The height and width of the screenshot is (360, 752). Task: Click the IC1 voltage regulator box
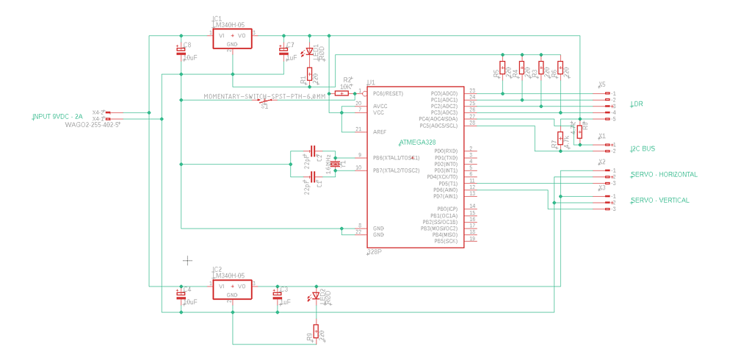[232, 38]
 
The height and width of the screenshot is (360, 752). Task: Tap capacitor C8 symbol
[181, 51]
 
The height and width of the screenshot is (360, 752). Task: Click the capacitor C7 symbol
[283, 51]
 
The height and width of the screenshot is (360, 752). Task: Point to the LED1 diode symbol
[309, 51]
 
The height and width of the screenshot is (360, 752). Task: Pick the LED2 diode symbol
[316, 295]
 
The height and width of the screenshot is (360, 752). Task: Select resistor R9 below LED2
[316, 332]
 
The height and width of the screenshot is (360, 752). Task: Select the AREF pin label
[380, 132]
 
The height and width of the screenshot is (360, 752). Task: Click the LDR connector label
[637, 104]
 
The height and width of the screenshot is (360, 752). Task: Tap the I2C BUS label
[643, 148]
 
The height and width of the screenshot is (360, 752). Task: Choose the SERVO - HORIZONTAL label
[664, 174]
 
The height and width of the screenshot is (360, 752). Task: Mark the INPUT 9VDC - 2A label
[57, 117]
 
